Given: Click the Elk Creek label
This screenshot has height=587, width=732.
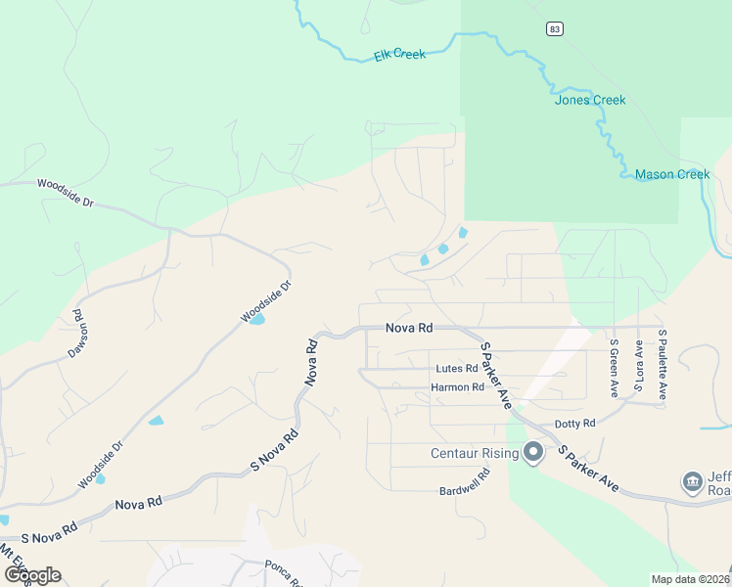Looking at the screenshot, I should [399, 55].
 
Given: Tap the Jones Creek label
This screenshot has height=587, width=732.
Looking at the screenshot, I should [589, 100].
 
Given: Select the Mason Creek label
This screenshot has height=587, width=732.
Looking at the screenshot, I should [671, 174].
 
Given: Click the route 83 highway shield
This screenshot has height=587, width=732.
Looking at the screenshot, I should [555, 29].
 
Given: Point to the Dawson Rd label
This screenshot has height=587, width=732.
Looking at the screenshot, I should [76, 334].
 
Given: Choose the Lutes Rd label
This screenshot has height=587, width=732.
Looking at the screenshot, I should [456, 369].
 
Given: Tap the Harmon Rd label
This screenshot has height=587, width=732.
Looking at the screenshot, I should [457, 387].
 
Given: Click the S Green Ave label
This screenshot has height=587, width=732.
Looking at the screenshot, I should [614, 369].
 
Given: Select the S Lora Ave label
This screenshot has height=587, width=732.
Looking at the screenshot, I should [638, 366].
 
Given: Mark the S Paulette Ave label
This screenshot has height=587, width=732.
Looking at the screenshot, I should [663, 364].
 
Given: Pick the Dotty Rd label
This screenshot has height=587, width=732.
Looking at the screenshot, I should [574, 424].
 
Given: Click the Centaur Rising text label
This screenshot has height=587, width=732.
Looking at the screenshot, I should [474, 453].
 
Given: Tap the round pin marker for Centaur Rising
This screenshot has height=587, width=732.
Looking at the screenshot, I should [533, 452].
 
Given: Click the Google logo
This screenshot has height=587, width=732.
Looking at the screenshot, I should [31, 574].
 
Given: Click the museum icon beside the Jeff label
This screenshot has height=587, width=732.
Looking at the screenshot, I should [692, 482].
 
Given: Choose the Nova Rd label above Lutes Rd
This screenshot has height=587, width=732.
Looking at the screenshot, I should [408, 329].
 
